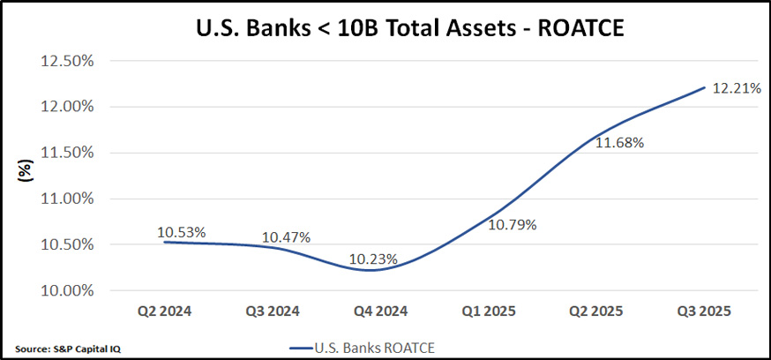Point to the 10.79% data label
[512, 224]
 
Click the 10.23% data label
[372, 259]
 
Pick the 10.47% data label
[286, 237]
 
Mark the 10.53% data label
[182, 233]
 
